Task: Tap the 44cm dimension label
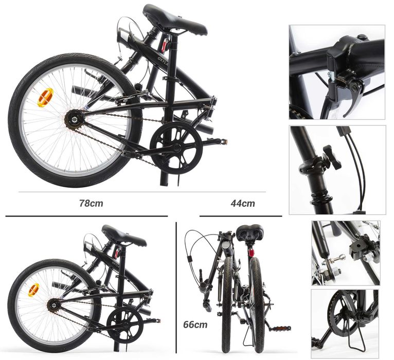click(x=242, y=203)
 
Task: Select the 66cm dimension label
click(x=195, y=325)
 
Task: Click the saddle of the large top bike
click(x=174, y=21)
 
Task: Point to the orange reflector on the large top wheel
click(x=45, y=97)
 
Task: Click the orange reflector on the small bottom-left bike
click(x=33, y=290)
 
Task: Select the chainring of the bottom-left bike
click(x=124, y=325)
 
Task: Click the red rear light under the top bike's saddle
click(x=165, y=46)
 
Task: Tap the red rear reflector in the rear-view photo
click(x=251, y=253)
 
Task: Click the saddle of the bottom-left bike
click(x=123, y=236)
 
